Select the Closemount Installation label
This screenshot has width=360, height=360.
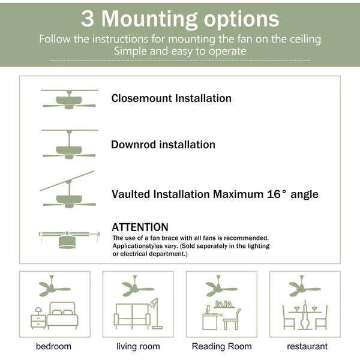171,98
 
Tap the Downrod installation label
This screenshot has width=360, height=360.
163,145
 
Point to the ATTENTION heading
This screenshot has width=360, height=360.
140,227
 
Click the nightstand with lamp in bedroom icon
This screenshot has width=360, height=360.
38,319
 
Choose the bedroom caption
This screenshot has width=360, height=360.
53,346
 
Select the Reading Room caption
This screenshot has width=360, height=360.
221,346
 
